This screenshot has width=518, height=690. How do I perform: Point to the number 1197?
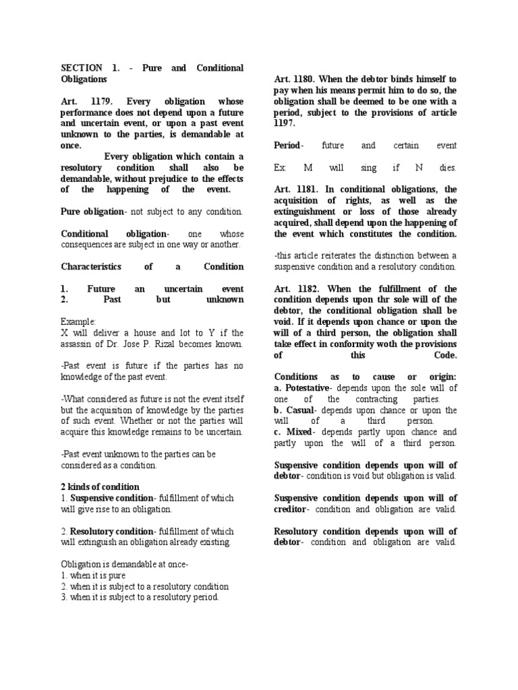(x=286, y=123)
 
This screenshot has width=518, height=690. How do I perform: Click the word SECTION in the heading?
(x=82, y=68)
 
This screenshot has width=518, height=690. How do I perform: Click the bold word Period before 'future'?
(x=289, y=145)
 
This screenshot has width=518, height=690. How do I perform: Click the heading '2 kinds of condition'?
(x=100, y=487)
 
